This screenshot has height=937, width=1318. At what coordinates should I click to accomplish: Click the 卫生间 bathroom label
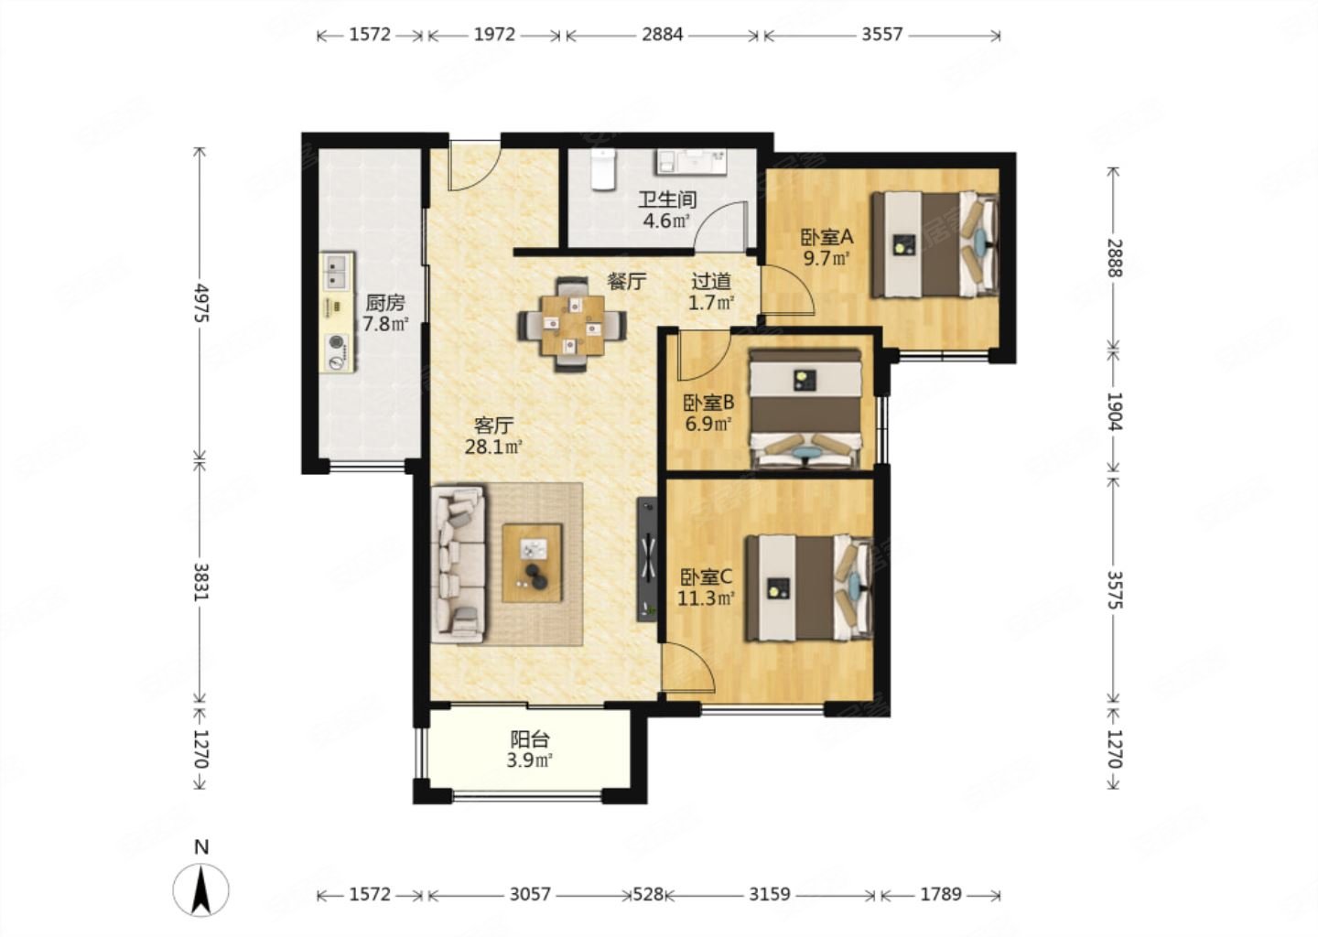667,200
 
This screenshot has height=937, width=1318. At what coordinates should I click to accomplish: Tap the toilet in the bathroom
603,169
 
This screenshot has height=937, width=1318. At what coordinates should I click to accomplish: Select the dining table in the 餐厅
573,325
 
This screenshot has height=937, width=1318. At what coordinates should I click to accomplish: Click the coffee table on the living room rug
532,563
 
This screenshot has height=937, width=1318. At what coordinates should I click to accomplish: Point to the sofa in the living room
459,564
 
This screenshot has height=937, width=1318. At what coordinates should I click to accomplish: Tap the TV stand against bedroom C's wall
647,559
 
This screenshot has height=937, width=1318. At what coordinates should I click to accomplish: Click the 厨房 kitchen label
384,303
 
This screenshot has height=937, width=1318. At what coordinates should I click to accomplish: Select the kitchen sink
337,272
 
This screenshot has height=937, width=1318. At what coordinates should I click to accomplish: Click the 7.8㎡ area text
384,324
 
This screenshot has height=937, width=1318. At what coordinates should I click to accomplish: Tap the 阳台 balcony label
530,739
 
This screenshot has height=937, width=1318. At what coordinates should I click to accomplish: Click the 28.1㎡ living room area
493,447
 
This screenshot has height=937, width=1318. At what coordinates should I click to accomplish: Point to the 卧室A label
826,237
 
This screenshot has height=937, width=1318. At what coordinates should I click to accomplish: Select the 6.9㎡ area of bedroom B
708,424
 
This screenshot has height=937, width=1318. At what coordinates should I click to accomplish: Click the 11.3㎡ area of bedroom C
706,598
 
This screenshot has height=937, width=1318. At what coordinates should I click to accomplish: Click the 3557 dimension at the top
881,35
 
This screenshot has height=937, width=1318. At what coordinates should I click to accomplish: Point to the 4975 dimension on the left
201,303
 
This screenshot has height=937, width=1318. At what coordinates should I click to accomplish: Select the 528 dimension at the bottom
647,895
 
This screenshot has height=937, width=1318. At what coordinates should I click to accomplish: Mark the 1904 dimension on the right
1115,411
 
